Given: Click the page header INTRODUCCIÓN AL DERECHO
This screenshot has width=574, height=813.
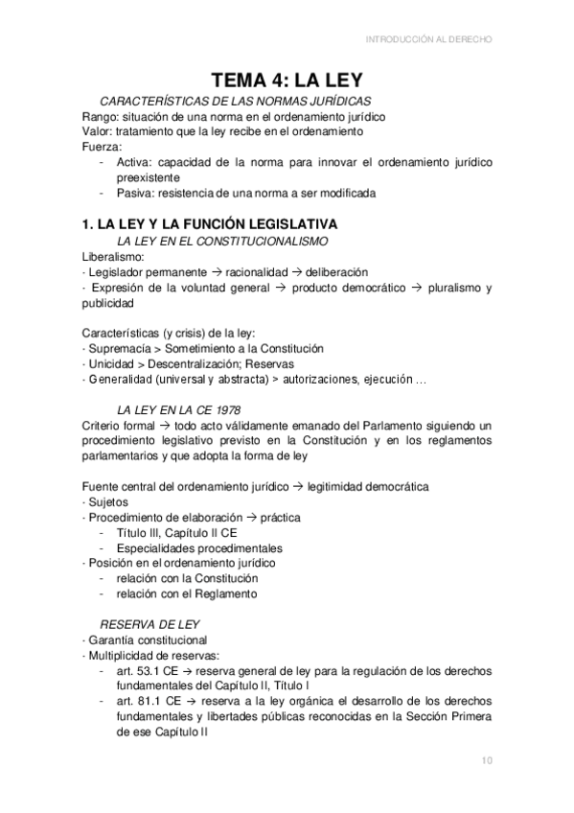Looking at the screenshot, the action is (430, 39).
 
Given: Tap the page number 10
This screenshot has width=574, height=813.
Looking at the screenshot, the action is (487, 761).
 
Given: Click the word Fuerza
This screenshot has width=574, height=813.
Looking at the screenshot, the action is (102, 147).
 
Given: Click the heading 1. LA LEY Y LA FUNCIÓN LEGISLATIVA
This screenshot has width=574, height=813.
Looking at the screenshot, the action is (209, 223).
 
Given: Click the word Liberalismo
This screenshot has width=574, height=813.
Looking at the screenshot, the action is (113, 256).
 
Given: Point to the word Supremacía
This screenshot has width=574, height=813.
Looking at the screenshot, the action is (121, 348).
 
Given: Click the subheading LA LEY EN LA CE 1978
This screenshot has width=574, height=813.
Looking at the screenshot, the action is (177, 409).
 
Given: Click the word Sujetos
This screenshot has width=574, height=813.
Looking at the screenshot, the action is (106, 501).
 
